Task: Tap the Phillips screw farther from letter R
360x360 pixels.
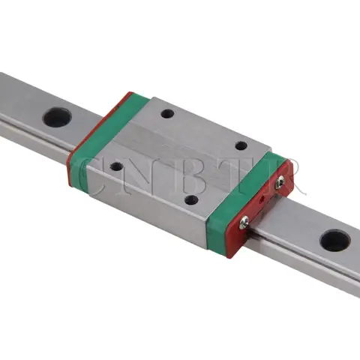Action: (244, 220)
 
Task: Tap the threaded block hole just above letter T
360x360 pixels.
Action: (241, 147)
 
